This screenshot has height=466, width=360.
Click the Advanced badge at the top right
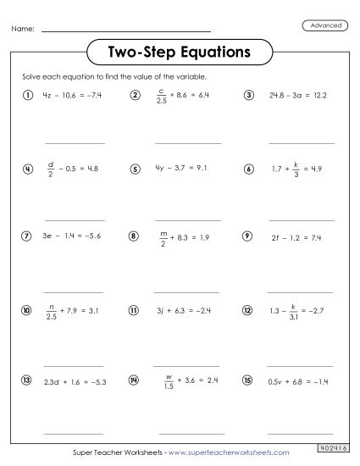[325, 25]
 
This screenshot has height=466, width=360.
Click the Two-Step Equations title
[180, 52]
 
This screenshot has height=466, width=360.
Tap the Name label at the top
[23, 30]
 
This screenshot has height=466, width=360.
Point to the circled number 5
[135, 169]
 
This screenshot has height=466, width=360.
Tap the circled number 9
[247, 237]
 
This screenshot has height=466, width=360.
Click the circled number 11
[135, 311]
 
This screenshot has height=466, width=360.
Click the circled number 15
[247, 382]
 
